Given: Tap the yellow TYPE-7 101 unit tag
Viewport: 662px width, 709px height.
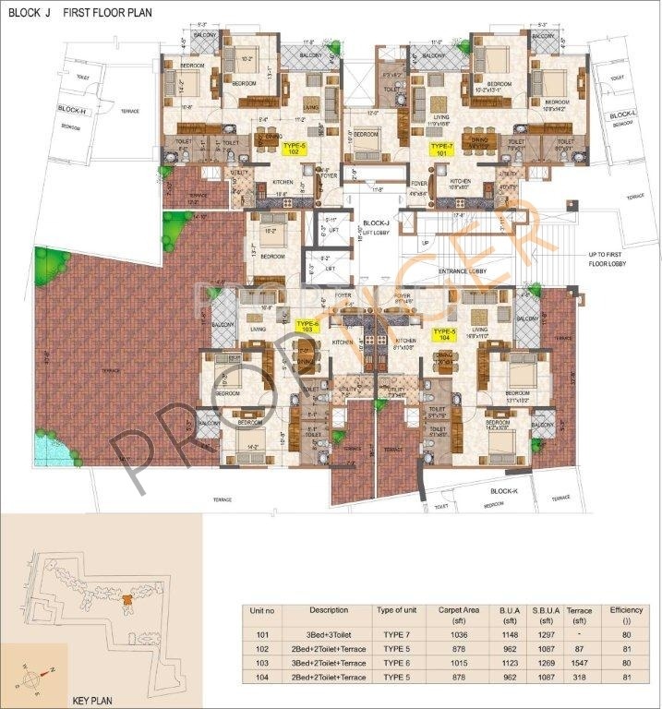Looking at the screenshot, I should point(442,147).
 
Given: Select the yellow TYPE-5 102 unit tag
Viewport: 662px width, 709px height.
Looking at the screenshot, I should point(295,147).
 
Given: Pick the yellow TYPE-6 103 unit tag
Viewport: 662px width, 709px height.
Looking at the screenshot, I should point(307,325).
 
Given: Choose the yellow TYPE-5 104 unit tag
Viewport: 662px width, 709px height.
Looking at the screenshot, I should point(445,332).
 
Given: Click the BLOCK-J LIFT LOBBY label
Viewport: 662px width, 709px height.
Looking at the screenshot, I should point(375,227).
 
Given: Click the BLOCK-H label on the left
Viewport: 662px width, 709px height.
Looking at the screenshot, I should point(71,110).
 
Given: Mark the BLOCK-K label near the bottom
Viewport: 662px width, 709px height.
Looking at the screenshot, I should point(504,492).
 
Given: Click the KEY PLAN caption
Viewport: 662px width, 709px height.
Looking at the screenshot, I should point(91,700).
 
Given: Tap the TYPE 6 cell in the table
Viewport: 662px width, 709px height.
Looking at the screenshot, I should point(396,665).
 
